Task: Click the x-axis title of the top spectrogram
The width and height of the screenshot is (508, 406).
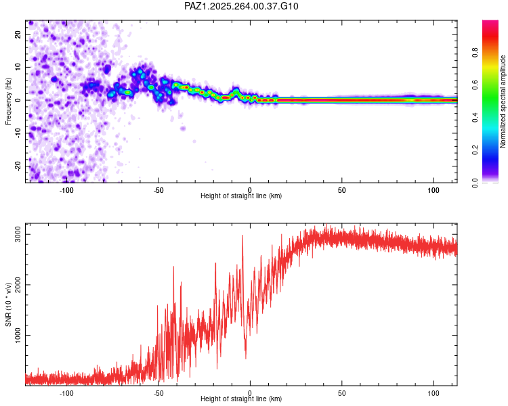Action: (x=241, y=196)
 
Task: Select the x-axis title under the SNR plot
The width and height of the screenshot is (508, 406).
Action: (x=241, y=399)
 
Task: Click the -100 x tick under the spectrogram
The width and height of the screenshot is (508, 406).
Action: (x=66, y=189)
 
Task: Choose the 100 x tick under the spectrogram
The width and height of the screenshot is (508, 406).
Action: (x=433, y=189)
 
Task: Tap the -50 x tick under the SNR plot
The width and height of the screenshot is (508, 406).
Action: (x=158, y=392)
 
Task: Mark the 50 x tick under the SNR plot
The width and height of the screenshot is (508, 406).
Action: (x=342, y=392)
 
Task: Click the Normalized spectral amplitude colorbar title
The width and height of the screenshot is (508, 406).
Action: (x=503, y=101)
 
